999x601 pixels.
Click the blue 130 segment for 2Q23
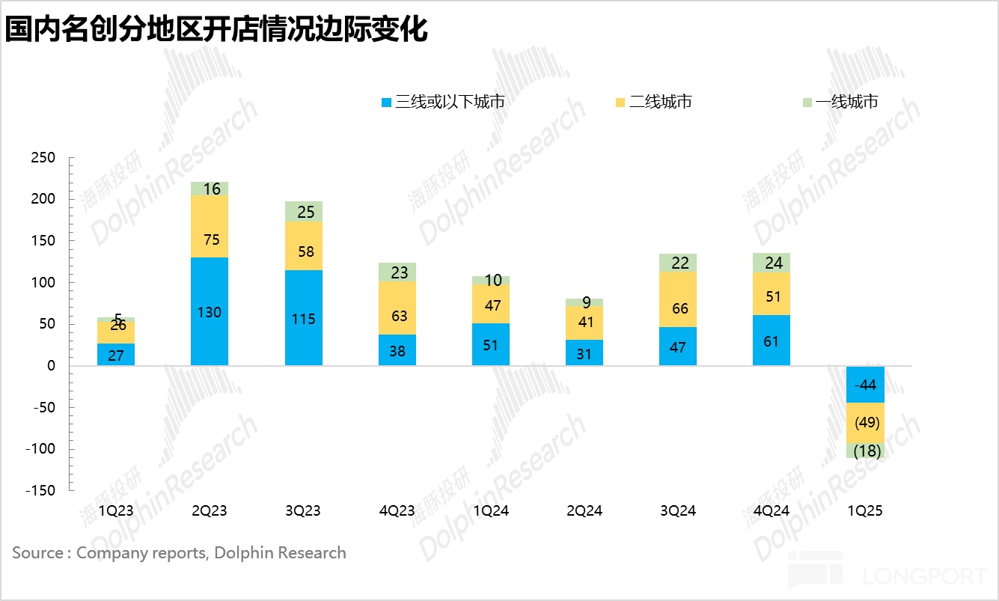pos(210,311)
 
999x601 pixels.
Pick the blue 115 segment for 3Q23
pos(303,318)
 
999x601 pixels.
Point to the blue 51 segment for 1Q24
pos(491,344)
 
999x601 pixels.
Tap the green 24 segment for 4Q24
pos(772,263)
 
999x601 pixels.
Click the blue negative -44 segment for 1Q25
pos(865,385)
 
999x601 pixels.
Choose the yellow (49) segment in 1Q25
pos(865,423)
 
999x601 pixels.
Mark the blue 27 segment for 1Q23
pos(116,355)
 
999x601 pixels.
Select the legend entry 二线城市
pos(653,102)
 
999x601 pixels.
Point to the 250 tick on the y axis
pos(43,158)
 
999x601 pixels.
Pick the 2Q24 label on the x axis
pos(584,511)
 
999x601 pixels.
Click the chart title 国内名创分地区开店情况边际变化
pos(217,30)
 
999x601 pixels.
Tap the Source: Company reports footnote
pos(179,553)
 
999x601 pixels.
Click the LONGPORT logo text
pos(924,576)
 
